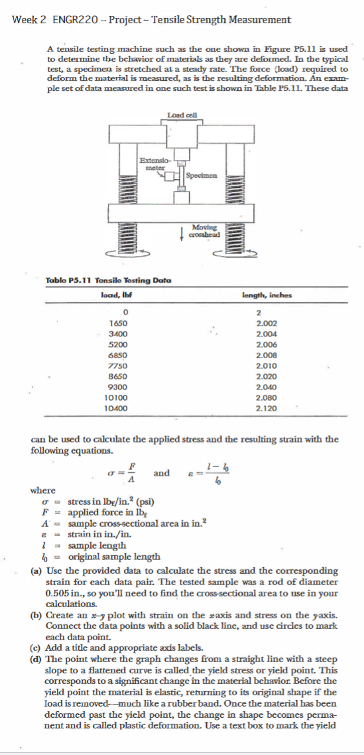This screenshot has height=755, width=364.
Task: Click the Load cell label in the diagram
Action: pos(181,115)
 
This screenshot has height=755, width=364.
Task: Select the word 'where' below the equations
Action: pos(44,490)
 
